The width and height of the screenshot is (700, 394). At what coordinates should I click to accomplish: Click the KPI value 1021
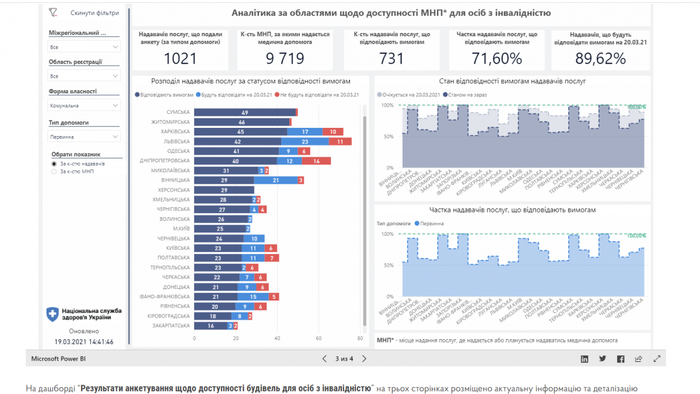pos(180,58)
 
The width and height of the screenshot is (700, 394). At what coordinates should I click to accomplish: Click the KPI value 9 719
pos(285,58)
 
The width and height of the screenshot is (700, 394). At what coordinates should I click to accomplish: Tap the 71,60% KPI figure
pos(497,58)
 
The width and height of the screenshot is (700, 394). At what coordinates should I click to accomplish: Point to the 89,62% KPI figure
pos(600,58)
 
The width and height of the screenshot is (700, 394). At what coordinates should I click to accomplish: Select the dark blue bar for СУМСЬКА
pos(245,112)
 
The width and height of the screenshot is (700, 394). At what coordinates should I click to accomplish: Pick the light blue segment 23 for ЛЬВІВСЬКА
pos(305,141)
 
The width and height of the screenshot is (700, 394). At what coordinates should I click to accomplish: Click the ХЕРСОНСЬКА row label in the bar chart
pos(174,190)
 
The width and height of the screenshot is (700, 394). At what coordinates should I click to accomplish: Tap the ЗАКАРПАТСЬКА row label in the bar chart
pos(171,326)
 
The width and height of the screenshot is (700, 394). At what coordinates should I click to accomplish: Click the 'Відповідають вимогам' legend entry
pos(164,95)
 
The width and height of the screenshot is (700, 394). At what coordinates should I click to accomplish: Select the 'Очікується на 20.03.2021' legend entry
pos(408,95)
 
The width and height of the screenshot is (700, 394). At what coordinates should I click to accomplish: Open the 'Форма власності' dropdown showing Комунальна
pos(84,106)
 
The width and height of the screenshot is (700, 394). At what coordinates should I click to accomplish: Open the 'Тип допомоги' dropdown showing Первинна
pos(84,137)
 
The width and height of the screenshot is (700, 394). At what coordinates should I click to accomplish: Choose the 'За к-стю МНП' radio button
pos(55,172)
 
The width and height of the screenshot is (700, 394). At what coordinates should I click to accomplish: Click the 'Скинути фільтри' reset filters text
pos(94,13)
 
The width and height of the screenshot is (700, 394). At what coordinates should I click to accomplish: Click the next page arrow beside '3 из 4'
pos(365,359)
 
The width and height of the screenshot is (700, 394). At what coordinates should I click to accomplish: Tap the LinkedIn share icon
pos(584,359)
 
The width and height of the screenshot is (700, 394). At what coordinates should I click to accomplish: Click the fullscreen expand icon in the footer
pos(657,359)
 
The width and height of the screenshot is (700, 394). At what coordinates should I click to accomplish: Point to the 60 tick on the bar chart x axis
pos(319,338)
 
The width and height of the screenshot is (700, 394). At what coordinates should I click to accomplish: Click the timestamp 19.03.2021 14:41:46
pos(84,342)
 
